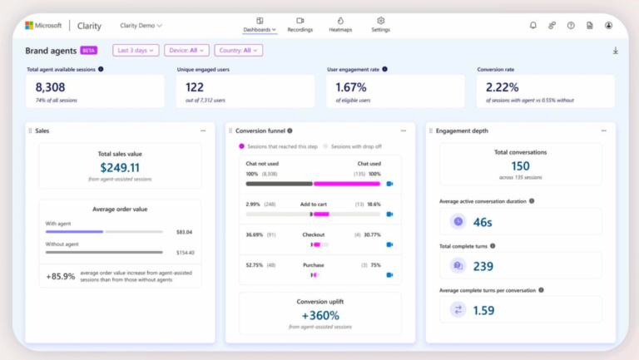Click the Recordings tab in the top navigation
coord(300,24)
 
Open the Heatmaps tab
coord(340,24)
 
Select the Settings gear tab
coord(380,24)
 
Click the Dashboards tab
coord(260,24)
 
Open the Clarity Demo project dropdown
coord(141,26)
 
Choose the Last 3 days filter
coord(136,51)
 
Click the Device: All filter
coord(186,51)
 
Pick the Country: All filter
coord(238,51)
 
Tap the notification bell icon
coord(533,26)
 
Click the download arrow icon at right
coord(616,51)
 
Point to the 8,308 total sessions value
coord(52,86)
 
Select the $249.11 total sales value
coord(119,167)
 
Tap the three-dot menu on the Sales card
coord(203,131)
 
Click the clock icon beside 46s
coord(458,222)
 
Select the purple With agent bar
coord(75,232)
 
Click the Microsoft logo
coord(32,26)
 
